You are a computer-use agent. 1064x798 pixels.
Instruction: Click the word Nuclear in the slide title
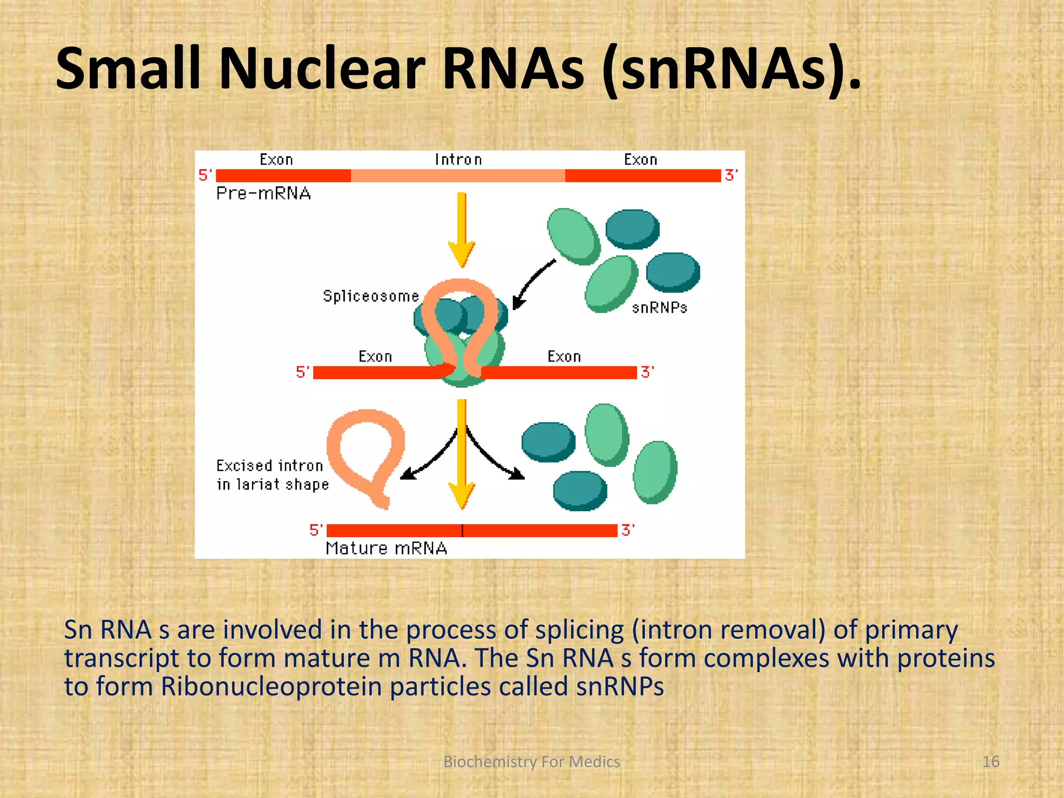point(322,69)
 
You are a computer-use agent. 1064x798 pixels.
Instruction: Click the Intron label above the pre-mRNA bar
point(458,159)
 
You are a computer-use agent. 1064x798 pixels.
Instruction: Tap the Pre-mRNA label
point(263,193)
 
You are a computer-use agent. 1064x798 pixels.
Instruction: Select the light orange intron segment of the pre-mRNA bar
point(457,176)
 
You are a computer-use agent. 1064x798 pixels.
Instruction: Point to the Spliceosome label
point(371,296)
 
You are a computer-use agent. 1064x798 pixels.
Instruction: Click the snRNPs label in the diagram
point(659,308)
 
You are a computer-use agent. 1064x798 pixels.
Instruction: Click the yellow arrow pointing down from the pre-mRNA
point(461,229)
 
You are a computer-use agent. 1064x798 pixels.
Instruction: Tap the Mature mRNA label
point(386,548)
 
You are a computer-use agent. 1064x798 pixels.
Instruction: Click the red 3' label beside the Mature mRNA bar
point(628,530)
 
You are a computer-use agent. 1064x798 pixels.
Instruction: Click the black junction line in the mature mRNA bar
point(462,530)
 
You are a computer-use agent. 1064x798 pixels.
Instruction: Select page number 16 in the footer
point(991,762)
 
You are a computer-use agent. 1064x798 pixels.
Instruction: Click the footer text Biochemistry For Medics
point(531,762)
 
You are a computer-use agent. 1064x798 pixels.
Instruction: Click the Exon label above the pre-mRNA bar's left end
point(276,159)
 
